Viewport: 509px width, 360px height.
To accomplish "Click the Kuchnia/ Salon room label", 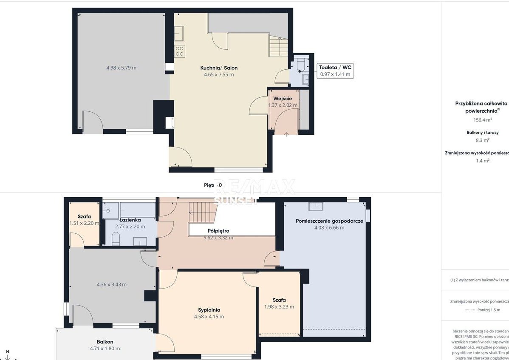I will (x=219, y=68).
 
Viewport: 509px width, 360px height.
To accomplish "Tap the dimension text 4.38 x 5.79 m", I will (x=121, y=68).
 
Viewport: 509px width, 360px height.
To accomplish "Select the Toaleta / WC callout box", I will (x=335, y=71).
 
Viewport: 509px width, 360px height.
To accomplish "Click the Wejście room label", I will (x=283, y=99).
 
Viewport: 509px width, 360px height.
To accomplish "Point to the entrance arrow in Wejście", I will (x=286, y=134).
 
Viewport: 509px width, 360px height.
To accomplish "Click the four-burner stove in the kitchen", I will (x=179, y=51).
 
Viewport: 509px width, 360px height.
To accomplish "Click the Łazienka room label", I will (x=130, y=220).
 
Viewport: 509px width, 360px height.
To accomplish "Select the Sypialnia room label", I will (x=209, y=310).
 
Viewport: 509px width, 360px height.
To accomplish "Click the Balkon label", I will (x=105, y=342).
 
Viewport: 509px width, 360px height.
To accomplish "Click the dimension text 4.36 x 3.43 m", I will (x=111, y=284).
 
